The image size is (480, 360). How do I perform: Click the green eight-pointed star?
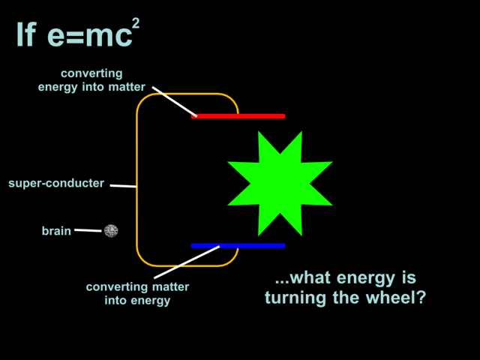click(279, 183)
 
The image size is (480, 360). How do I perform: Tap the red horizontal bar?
click(238, 116)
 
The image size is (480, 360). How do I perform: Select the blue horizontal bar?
click(238, 245)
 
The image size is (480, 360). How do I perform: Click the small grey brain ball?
click(111, 231)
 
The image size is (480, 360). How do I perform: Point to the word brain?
click(56, 231)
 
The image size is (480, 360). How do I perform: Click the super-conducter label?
click(56, 183)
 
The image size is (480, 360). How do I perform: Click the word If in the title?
click(25, 35)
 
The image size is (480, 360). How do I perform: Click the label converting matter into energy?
click(138, 293)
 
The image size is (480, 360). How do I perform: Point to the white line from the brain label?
click(88, 230)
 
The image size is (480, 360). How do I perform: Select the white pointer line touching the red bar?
click(174, 102)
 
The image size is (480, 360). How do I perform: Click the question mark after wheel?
click(422, 298)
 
